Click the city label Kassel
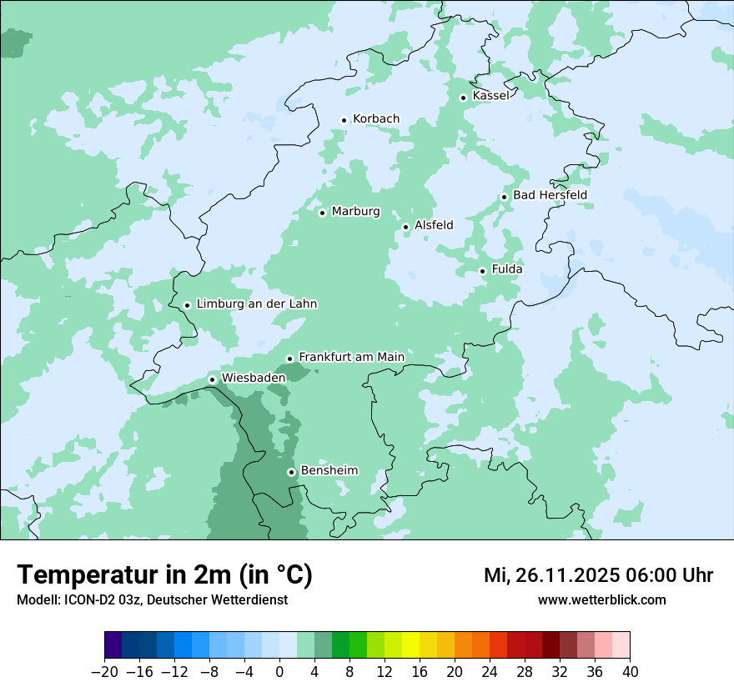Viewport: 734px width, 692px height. tap(490, 96)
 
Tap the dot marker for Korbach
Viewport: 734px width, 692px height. tap(344, 120)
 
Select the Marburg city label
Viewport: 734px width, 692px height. tap(355, 212)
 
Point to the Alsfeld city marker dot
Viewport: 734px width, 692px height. tap(405, 227)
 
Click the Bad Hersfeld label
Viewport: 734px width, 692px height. tap(550, 195)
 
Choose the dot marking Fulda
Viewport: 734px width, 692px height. tap(482, 271)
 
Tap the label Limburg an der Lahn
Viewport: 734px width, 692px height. tap(256, 304)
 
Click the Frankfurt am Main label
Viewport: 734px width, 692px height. tap(351, 357)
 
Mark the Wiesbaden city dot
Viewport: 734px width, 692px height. tap(212, 380)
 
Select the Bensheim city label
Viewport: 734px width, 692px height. tap(329, 470)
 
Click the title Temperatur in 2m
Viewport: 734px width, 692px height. tap(125, 575)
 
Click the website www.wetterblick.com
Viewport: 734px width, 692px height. tap(601, 600)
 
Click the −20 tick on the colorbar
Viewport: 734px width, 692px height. tap(104, 672)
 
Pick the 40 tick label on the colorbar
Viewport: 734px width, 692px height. tap(630, 672)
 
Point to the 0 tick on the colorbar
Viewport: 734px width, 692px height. tap(279, 672)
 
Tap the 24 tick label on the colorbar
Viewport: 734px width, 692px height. tap(490, 672)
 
